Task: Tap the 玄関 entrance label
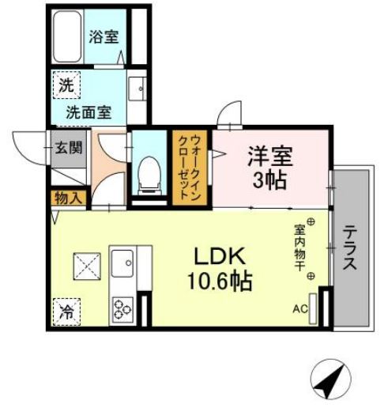click(64, 147)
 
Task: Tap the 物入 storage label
click(66, 198)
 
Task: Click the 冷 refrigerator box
click(65, 311)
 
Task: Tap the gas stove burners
click(124, 307)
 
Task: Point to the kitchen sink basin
click(123, 261)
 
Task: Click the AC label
click(300, 309)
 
